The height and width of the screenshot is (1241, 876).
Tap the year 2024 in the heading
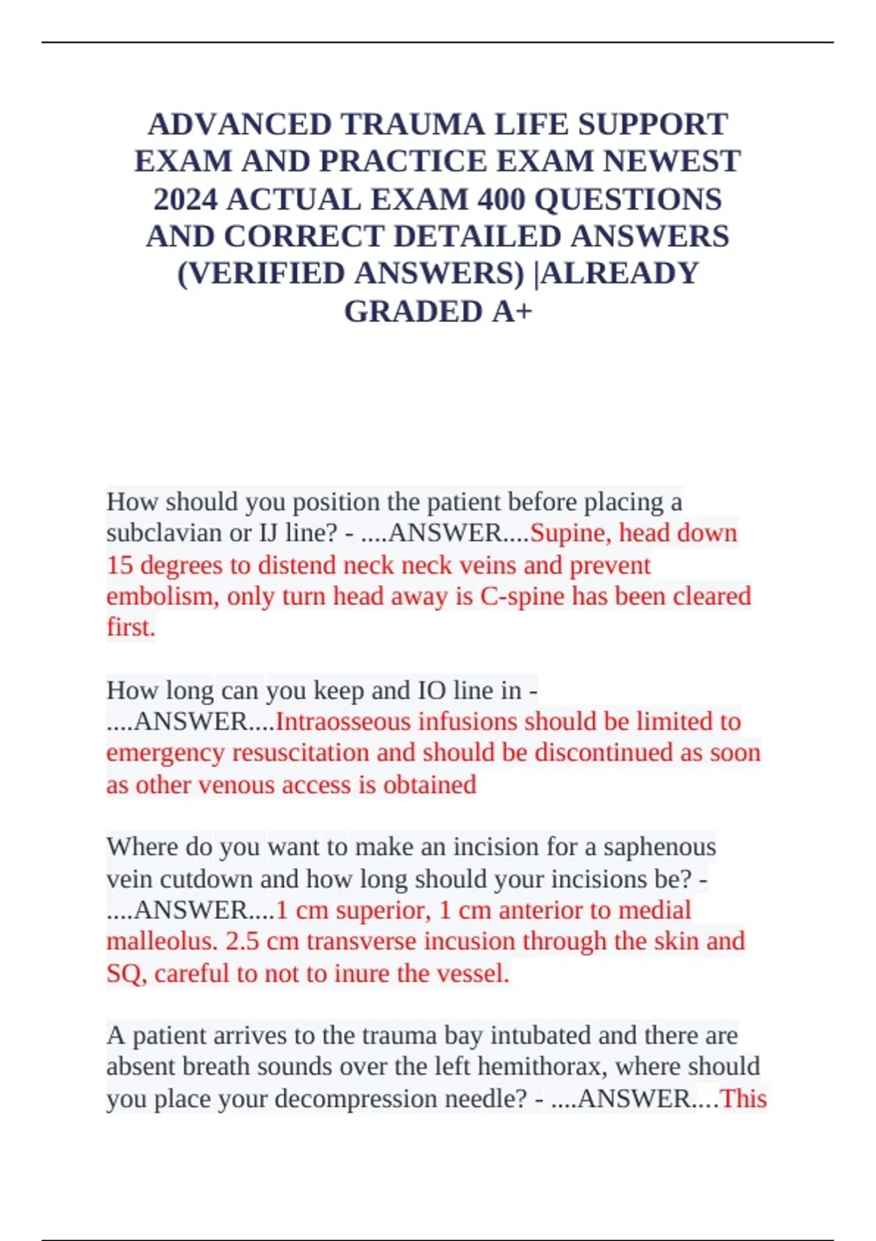186,199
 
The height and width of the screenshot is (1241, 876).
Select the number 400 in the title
501,199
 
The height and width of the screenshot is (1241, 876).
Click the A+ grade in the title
512,312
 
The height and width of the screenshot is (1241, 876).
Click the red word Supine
570,534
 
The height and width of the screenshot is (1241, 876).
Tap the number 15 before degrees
120,566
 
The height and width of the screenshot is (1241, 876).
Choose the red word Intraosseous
343,722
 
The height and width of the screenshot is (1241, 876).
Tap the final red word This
743,1099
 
